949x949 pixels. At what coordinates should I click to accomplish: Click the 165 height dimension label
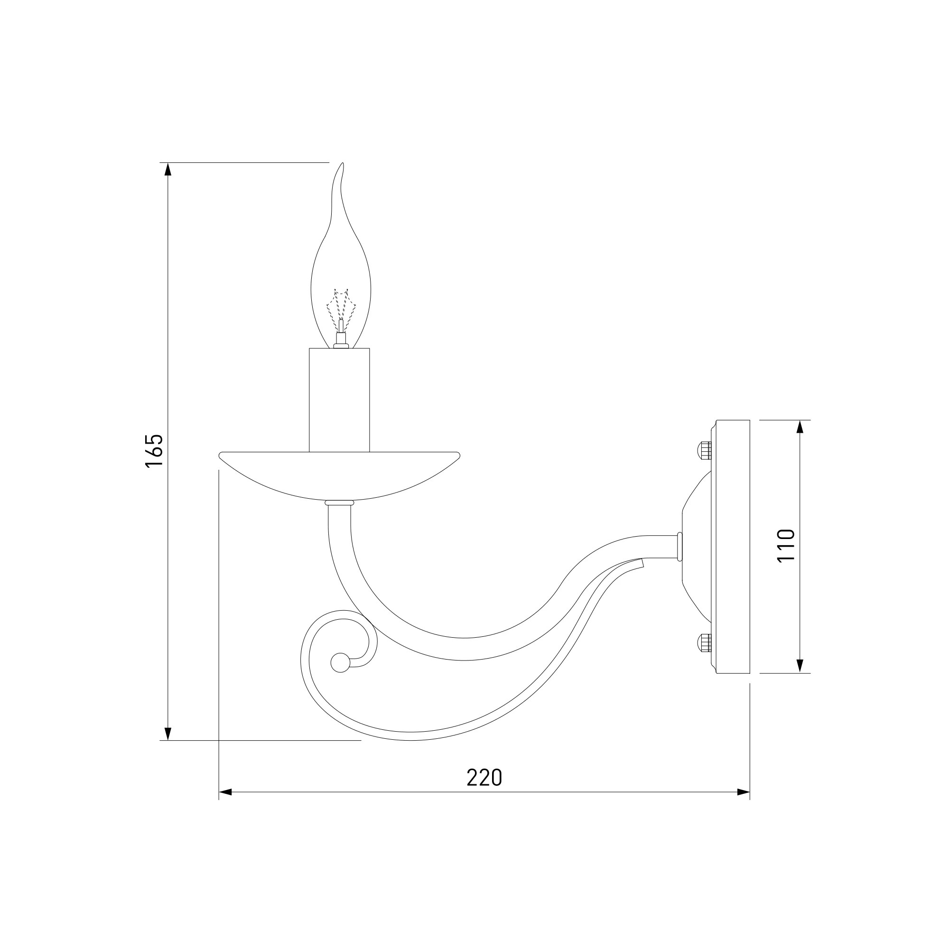point(154,451)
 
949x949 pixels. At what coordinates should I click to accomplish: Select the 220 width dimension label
point(484,778)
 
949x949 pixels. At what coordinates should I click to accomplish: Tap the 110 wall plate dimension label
point(786,546)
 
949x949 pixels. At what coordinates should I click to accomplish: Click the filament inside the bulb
point(340,309)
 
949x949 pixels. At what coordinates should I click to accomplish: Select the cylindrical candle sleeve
point(339,400)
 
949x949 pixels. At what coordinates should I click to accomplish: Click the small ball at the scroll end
point(338,663)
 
